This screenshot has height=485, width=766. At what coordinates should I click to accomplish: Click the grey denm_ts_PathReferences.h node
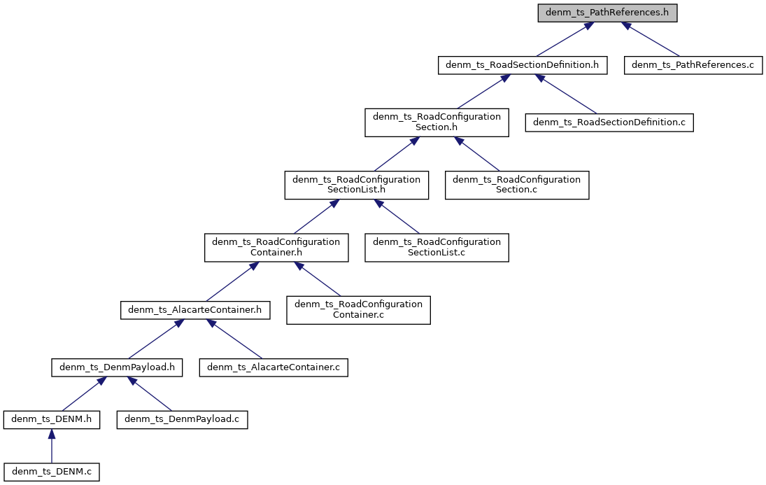[607, 13]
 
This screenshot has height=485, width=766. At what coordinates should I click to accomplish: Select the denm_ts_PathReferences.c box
[693, 66]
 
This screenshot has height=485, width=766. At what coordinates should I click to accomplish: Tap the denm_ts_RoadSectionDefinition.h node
[522, 66]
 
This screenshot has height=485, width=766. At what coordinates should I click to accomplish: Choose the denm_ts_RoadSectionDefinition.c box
[609, 122]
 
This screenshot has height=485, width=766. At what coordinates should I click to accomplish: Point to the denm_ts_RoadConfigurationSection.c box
[517, 185]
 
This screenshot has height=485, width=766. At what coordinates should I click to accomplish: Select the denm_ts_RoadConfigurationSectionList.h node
[356, 185]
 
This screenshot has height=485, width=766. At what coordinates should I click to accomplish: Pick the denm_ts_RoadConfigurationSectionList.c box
[437, 247]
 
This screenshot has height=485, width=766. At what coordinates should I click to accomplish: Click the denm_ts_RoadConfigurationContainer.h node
[276, 247]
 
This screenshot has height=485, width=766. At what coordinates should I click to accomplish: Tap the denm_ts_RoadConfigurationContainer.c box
[358, 309]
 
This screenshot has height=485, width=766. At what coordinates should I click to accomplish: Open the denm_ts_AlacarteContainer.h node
[195, 309]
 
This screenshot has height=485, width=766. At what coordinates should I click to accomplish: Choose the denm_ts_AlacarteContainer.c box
[274, 367]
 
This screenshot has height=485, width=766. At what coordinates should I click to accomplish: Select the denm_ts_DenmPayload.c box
[182, 420]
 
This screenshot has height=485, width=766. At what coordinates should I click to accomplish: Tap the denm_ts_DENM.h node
[52, 420]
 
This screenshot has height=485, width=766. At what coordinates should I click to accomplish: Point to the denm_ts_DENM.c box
[52, 472]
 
